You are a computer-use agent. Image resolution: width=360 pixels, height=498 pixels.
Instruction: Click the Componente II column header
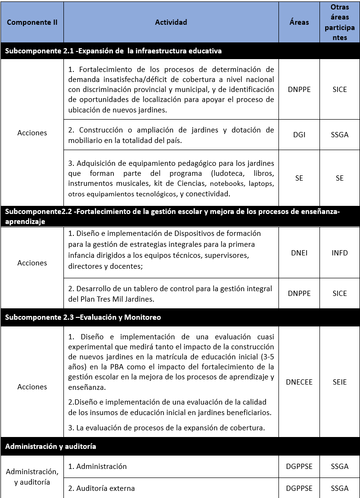[32, 22]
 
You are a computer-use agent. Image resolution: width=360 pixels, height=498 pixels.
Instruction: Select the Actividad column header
[171, 22]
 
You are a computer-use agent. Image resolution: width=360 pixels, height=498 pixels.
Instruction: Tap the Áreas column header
[299, 22]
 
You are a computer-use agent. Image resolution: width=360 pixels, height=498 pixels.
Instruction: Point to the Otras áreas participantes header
[339, 22]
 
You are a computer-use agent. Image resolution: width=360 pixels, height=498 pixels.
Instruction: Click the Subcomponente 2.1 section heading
[113, 51]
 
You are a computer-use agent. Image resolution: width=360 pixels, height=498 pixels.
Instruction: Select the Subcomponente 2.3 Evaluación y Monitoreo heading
[83, 317]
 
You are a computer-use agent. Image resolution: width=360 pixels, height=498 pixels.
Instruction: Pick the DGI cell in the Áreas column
[299, 135]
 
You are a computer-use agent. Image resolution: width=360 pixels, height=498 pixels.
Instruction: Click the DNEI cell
[299, 253]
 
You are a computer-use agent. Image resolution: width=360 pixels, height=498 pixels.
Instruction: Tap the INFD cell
[339, 253]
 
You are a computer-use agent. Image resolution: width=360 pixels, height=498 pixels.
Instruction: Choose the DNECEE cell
[299, 382]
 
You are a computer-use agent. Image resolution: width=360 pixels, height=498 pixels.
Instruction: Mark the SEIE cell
[339, 382]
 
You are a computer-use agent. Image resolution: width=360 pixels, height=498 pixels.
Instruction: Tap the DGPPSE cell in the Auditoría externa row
[299, 488]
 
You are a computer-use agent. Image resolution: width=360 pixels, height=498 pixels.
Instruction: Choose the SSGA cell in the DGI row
[339, 135]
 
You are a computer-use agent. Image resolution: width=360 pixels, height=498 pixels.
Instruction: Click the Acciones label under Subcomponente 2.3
[32, 387]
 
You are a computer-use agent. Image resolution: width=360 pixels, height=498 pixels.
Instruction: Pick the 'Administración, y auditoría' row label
[32, 477]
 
